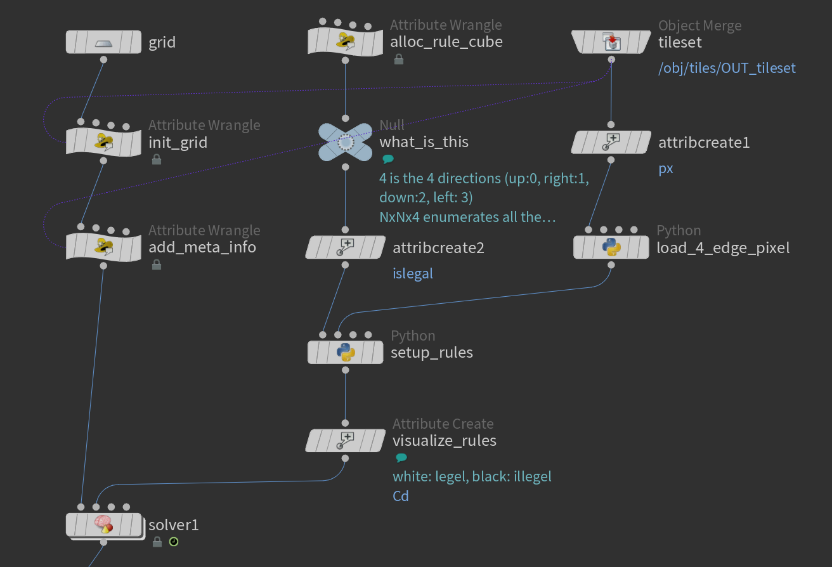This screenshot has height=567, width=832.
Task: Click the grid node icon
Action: click(x=103, y=42)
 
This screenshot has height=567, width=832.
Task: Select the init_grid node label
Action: click(x=178, y=142)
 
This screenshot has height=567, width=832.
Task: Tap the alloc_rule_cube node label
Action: click(x=446, y=42)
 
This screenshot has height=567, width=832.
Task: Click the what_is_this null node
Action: click(x=345, y=142)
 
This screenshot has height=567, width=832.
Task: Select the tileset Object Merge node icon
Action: click(x=611, y=42)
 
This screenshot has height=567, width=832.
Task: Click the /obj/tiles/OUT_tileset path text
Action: click(x=727, y=68)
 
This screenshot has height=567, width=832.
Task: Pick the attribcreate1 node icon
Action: click(x=611, y=142)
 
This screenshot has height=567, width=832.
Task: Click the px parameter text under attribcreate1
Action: click(x=666, y=169)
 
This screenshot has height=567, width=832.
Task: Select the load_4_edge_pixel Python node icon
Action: click(x=611, y=247)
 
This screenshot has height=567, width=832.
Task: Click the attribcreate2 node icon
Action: click(x=346, y=247)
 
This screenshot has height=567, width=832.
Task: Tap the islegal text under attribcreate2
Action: click(x=413, y=273)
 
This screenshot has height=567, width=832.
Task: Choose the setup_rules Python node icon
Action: click(x=345, y=351)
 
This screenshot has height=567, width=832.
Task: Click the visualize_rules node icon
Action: click(x=346, y=440)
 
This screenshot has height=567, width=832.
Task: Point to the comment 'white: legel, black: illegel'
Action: click(x=472, y=476)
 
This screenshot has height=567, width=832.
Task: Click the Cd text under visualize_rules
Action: click(x=401, y=496)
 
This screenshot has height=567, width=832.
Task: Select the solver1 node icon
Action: click(x=103, y=525)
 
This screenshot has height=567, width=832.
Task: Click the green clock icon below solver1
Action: click(x=173, y=542)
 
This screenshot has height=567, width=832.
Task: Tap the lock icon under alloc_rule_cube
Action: click(x=399, y=60)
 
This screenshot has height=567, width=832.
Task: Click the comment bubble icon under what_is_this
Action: click(x=387, y=160)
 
